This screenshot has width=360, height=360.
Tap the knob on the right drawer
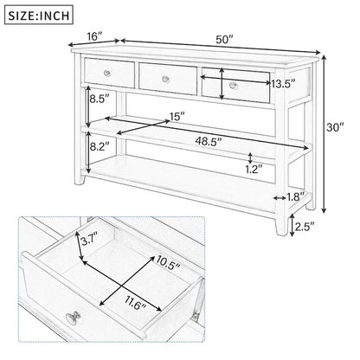234,86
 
